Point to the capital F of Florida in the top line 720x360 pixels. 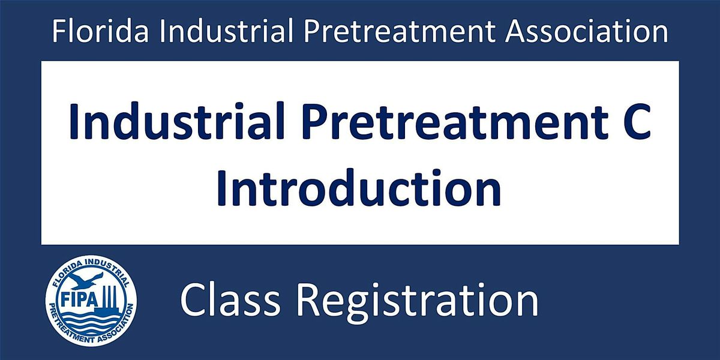click(x=59, y=31)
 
